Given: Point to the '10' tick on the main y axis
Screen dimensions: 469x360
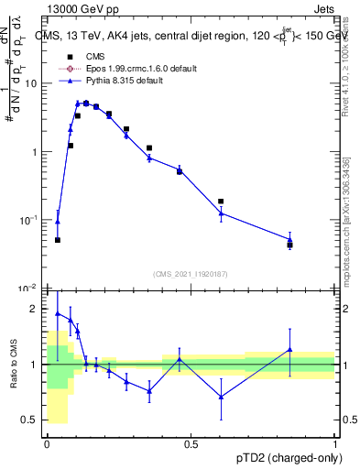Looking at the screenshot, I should [32, 83].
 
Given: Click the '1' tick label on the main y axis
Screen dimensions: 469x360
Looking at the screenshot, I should [36, 152].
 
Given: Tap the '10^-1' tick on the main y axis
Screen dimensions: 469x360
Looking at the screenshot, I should [30, 220].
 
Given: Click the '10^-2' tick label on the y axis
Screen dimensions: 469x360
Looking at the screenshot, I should [30, 288].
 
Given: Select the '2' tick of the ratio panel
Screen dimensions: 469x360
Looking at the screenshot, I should [36, 309].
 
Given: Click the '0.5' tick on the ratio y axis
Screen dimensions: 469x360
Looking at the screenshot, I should [32, 420].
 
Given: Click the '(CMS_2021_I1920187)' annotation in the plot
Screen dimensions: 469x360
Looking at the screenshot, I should [191, 273].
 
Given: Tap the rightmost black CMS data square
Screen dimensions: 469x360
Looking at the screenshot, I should [289, 245].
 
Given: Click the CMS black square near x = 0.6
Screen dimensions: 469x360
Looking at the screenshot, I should [221, 202].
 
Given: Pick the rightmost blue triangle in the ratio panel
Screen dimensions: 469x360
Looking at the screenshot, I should [289, 349].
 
